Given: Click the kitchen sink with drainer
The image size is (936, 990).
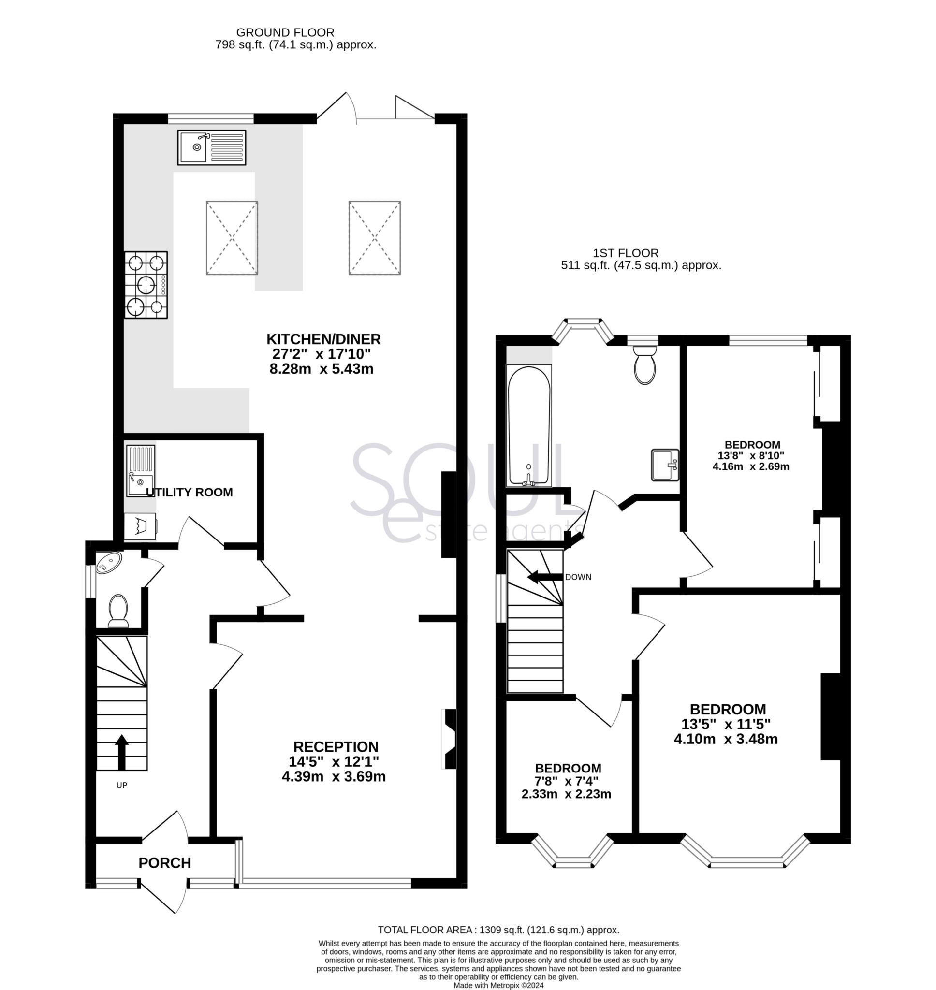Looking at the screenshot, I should pyautogui.click(x=212, y=147).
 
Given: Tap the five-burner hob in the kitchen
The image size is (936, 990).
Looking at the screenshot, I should pyautogui.click(x=146, y=285).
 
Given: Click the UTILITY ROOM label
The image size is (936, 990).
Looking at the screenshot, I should pyautogui.click(x=189, y=492).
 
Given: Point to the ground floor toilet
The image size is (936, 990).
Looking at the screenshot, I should pyautogui.click(x=118, y=611).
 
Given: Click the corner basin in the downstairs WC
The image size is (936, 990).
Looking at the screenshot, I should pyautogui.click(x=108, y=563).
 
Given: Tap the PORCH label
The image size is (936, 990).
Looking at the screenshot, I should pyautogui.click(x=165, y=863).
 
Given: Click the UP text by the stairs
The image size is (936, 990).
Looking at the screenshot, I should pyautogui.click(x=122, y=786).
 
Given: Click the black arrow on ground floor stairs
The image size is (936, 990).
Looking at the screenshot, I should pyautogui.click(x=122, y=753).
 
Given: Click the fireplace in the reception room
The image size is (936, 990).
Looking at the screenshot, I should pyautogui.click(x=449, y=739).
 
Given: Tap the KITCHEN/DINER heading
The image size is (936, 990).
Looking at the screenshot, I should pyautogui.click(x=323, y=339).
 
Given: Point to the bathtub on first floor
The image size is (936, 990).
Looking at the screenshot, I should pyautogui.click(x=529, y=425).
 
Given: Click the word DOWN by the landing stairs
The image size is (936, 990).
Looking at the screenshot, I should pyautogui.click(x=578, y=577).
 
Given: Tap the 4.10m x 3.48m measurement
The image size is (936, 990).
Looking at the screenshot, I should pyautogui.click(x=726, y=739).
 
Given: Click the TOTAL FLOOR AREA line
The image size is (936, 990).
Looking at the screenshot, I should pyautogui.click(x=498, y=930).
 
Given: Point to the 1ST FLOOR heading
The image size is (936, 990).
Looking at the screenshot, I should pyautogui.click(x=626, y=253).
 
